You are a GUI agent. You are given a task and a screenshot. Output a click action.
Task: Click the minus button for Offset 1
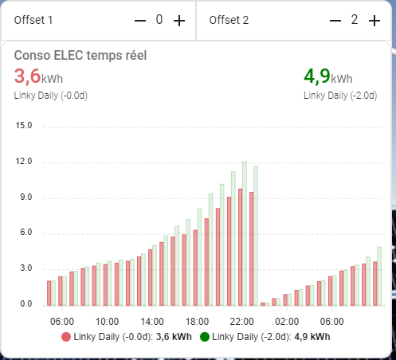140,21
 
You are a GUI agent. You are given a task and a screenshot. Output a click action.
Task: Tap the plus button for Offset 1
179,21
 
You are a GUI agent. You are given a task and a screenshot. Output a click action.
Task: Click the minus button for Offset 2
335,21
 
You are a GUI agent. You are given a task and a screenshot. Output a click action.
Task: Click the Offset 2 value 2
355,20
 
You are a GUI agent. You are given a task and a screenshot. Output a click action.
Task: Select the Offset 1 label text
33,21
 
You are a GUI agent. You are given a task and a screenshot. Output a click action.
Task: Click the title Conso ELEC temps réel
80,56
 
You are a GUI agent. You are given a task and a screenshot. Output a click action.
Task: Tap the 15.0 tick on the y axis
24,126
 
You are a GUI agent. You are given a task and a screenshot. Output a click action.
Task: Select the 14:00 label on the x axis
152,322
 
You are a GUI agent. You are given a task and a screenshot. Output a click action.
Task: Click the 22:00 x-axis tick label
241,322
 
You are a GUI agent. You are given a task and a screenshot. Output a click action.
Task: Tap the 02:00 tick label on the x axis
287,322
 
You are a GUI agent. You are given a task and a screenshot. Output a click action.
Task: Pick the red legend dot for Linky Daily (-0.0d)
66,337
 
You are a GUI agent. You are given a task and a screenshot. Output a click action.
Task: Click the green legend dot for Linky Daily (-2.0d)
206,337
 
